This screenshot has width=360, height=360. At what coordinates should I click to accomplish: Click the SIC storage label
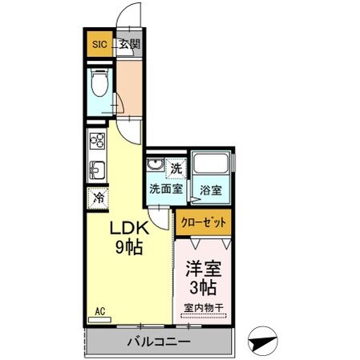(99, 45)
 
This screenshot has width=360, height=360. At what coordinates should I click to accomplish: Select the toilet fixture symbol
(100, 86)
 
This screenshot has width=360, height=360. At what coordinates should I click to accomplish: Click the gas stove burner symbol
(97, 142)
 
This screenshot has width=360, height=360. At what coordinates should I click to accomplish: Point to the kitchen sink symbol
(97, 170)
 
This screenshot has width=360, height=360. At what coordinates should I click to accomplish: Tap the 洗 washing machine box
(176, 168)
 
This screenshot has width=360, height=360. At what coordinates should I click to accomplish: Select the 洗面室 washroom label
(165, 190)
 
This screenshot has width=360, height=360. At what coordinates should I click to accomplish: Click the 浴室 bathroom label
(212, 190)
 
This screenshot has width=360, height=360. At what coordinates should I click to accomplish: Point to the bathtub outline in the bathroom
(212, 164)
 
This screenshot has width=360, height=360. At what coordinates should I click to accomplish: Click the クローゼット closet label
(204, 222)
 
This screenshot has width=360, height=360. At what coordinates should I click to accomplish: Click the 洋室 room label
(204, 269)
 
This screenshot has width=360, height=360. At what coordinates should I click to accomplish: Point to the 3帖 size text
(204, 287)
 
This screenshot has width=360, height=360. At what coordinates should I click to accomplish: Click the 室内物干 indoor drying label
(204, 308)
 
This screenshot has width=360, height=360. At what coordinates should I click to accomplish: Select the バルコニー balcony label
(157, 342)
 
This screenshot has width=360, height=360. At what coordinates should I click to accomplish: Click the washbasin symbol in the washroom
(156, 168)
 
